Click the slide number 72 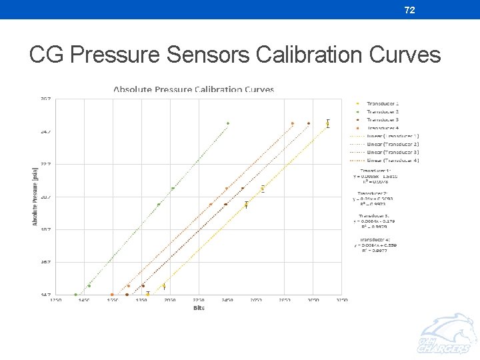pos(411,9)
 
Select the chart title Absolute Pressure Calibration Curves pos(193,89)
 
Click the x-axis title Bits pos(198,308)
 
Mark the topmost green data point pos(228,123)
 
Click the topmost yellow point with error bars pos(328,123)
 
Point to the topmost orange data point pos(293,123)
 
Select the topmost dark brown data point pos(309,123)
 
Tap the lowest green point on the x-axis pos(75,294)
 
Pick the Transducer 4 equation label pos(378,245)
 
